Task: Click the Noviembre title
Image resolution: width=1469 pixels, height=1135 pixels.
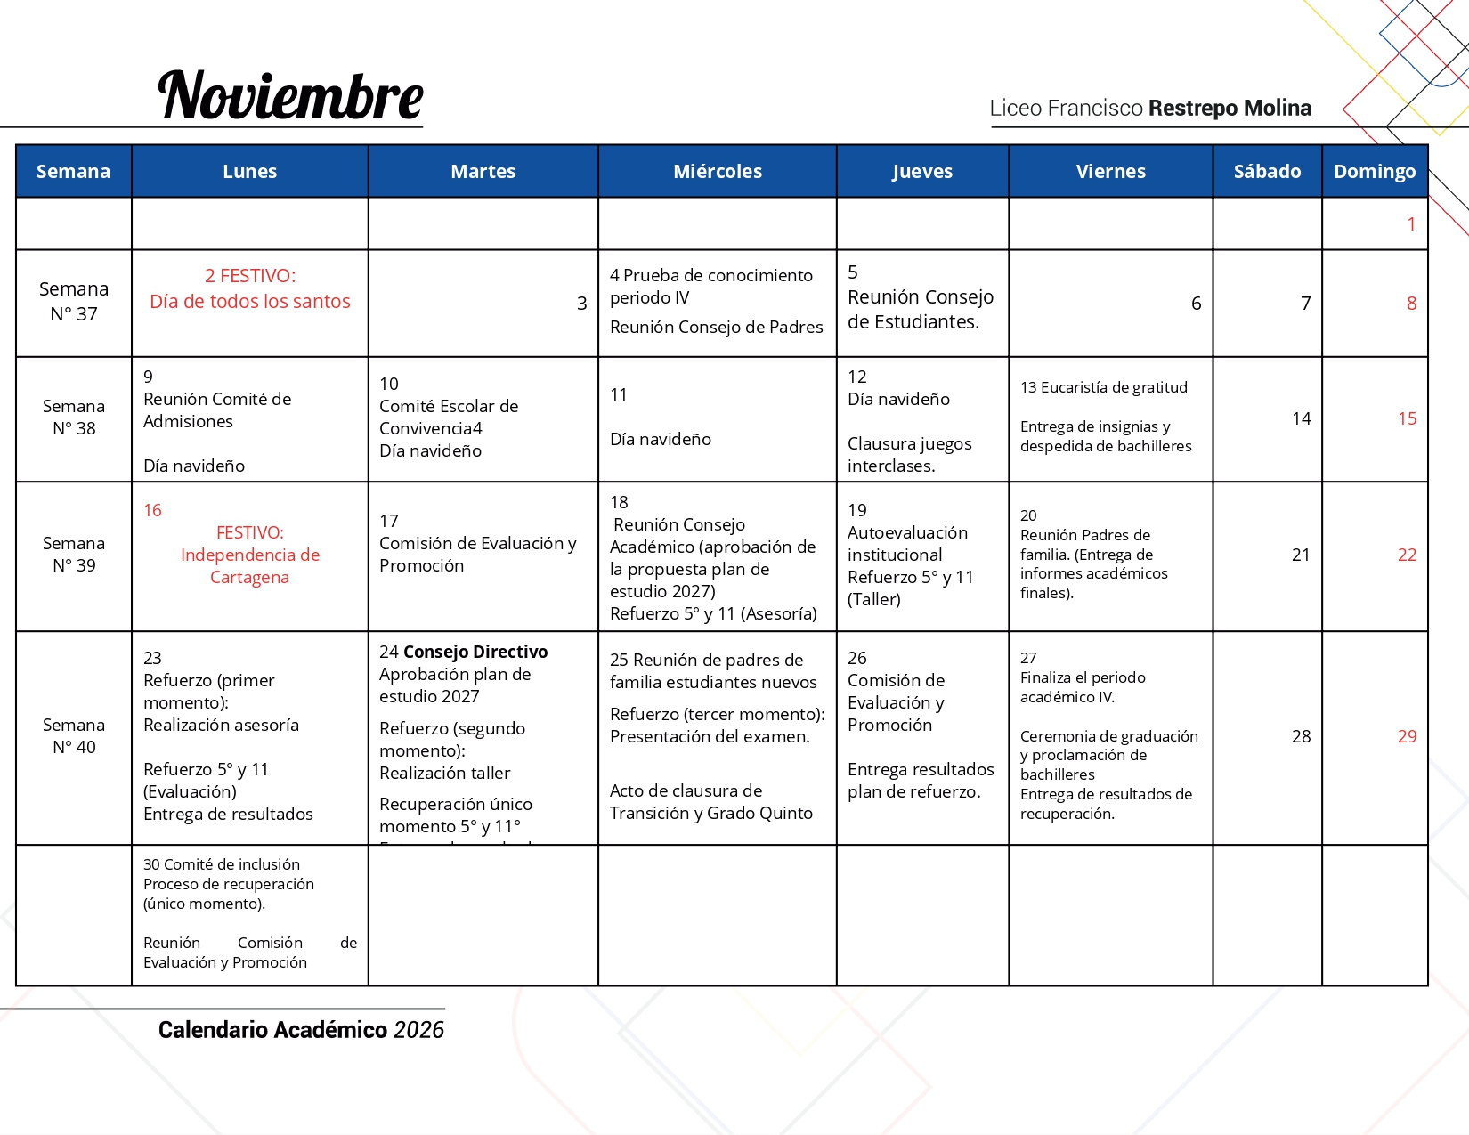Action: pos(290,96)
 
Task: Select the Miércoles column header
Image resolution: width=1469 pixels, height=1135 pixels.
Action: pos(718,171)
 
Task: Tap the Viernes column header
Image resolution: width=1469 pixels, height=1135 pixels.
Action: pos(1110,171)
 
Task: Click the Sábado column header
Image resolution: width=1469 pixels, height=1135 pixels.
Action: pos(1267,171)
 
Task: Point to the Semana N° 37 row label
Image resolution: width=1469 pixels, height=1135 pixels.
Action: pos(74,302)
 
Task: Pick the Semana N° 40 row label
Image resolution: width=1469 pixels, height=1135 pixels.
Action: pos(74,736)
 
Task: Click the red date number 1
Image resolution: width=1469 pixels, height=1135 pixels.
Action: pos(1411,224)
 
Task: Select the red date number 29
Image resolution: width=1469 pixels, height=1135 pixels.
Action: pos(1407,736)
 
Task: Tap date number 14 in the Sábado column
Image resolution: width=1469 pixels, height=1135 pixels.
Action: pos(1302,418)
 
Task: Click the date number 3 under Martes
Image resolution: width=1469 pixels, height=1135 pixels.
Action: pos(581,304)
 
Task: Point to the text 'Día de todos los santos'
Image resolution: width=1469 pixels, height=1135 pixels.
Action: pos(250,302)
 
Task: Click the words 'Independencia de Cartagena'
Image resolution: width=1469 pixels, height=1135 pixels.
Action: pos(250,566)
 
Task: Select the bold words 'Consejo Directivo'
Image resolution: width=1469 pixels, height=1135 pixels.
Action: pos(475,652)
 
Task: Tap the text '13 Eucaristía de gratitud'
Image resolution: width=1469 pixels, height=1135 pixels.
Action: pos(1104,387)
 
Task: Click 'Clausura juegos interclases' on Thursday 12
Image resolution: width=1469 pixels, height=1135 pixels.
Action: pos(909,454)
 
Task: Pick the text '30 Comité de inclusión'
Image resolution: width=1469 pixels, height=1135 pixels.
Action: pos(222,864)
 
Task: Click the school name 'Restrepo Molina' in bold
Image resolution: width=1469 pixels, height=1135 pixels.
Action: pos(1230,109)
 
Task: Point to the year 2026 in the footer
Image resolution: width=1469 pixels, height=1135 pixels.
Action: pos(418,1030)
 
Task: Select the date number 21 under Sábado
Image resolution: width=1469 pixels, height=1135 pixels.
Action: pos(1301,555)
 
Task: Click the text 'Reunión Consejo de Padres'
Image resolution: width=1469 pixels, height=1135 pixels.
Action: pos(716,327)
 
